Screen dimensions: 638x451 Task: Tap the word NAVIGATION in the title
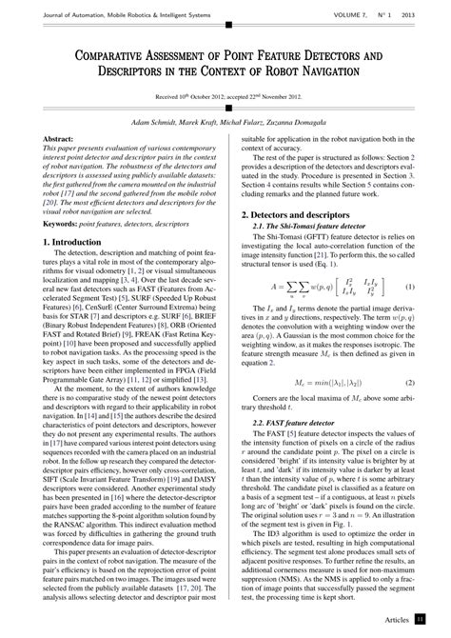point(321,70)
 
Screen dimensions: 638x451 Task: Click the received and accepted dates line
point(225,97)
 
